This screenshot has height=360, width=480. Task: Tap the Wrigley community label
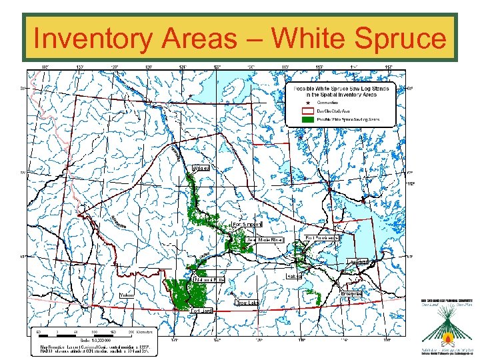click(x=201, y=168)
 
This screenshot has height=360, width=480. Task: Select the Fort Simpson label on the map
click(x=247, y=225)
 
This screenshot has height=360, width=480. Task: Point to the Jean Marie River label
click(x=265, y=239)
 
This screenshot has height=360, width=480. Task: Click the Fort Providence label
click(x=321, y=237)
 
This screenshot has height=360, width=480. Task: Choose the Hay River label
click(x=357, y=261)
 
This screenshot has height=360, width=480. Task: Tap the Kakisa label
click(x=294, y=275)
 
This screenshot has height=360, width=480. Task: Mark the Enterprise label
click(x=351, y=293)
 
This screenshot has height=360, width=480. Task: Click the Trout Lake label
click(x=247, y=303)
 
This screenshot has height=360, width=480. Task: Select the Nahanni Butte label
click(x=206, y=279)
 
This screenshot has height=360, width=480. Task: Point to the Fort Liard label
click(x=201, y=311)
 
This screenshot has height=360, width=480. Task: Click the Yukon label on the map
click(x=127, y=295)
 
